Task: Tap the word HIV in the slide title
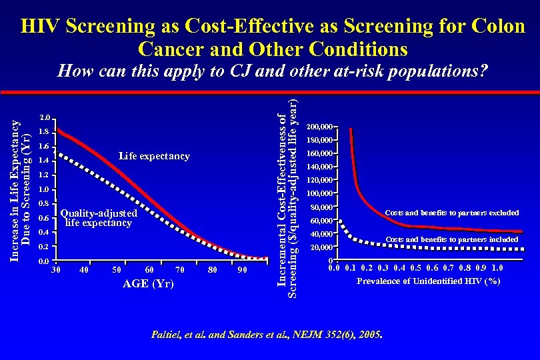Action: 41,27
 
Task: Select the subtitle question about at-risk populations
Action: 272,71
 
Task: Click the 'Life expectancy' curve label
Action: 154,157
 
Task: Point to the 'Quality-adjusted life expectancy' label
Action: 99,218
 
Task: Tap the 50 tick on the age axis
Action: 117,270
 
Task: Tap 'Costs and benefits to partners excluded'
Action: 452,213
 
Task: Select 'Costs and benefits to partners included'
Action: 452,239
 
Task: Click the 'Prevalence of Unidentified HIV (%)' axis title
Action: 429,281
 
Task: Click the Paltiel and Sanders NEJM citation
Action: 269,333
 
